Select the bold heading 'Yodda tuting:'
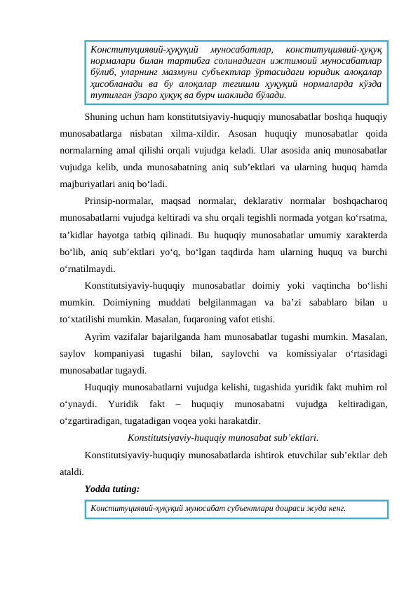point(111,486)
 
